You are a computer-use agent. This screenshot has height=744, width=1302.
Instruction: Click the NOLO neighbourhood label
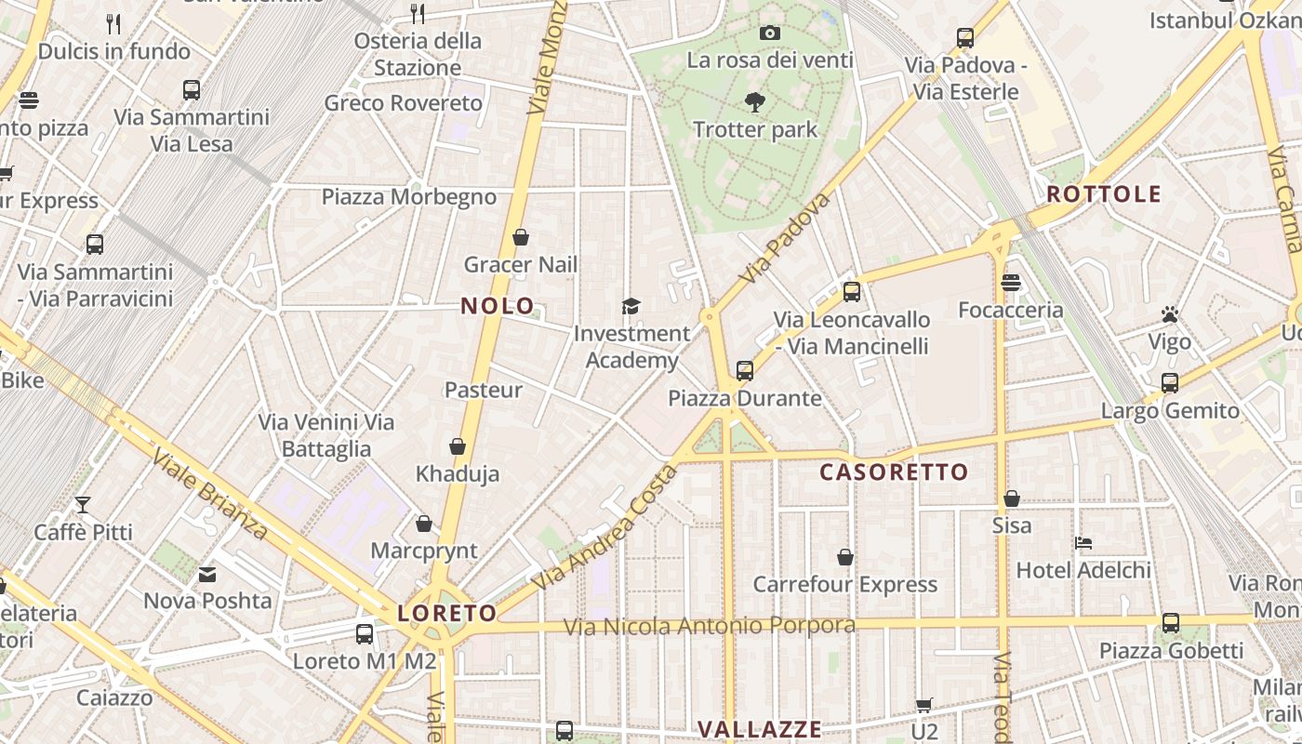point(498,306)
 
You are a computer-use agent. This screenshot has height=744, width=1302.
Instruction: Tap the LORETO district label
point(447,614)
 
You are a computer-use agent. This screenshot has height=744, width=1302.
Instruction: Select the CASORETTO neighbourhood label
point(894,472)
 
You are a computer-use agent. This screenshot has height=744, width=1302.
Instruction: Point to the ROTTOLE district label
point(1104,194)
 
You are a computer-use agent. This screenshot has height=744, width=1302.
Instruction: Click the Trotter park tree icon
point(754,101)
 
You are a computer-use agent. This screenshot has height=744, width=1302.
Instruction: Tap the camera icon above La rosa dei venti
point(769,33)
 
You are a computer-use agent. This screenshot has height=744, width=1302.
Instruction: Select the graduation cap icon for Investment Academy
point(631,306)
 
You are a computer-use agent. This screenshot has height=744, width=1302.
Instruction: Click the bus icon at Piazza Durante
point(744,371)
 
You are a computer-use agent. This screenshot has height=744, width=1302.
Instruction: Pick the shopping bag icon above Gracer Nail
point(521,237)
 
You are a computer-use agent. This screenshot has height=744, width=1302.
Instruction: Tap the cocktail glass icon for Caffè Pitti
point(83,505)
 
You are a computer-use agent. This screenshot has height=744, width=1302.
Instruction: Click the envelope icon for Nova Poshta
point(207,575)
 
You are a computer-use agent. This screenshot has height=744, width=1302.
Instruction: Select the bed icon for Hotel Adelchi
point(1083,543)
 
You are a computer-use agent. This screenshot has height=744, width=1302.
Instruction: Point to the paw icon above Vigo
point(1169,315)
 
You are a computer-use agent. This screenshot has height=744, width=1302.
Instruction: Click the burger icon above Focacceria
point(1011,283)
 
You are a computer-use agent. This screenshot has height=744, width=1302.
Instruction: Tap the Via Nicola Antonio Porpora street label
point(710,626)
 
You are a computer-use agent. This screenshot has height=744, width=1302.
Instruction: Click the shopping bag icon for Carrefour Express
point(845,557)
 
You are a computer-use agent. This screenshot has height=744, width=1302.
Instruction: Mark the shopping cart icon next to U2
point(923,705)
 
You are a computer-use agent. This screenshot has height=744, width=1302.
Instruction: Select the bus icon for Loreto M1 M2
point(365,634)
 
